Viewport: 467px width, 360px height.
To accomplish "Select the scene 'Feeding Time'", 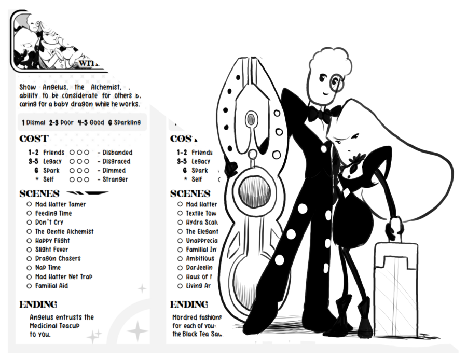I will (53, 213).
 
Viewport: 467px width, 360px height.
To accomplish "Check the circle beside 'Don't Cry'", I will (30, 222).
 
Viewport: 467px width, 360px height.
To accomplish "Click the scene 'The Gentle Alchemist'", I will (64, 231).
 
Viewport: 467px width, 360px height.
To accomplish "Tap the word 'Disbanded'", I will (117, 153).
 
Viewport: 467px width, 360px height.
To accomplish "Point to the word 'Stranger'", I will (115, 179).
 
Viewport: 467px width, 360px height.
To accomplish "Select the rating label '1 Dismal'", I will (34, 122).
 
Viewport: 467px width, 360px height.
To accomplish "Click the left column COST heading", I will (34, 139).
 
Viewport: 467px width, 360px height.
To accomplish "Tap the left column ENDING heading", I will (38, 304).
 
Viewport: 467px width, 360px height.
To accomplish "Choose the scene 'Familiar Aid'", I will (51, 286).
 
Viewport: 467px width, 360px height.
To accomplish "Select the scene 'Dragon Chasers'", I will (58, 258).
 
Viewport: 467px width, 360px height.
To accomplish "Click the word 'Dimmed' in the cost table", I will (114, 170).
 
